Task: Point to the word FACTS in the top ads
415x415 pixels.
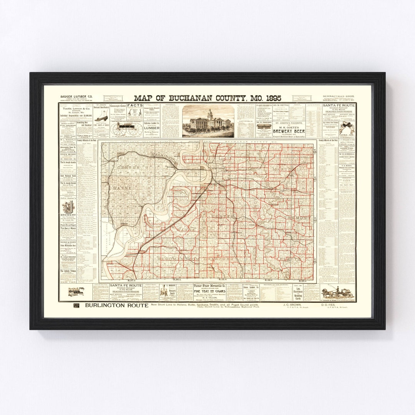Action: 135,106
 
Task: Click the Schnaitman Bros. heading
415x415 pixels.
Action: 338,98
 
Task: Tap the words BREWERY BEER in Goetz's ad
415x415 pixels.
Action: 289,131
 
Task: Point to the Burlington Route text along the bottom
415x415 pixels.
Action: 111,306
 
